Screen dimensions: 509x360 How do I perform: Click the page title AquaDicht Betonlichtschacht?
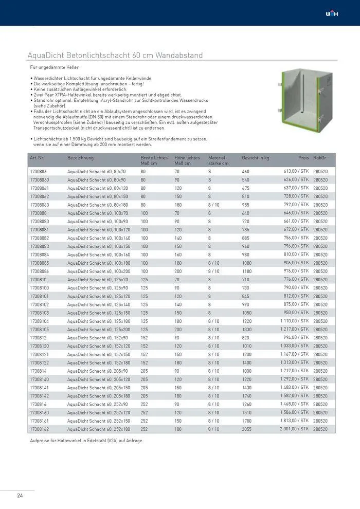click(x=115, y=55)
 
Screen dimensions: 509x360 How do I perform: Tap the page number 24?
click(x=20, y=496)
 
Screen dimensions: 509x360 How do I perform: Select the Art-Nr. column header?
click(x=38, y=158)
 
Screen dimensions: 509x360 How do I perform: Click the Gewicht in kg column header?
click(x=256, y=158)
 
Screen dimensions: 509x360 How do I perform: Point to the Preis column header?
click(x=303, y=158)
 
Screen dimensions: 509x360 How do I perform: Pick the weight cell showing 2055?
click(x=248, y=429)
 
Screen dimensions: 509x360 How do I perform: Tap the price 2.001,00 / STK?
click(x=294, y=429)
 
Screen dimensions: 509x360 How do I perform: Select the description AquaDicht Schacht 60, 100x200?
click(x=99, y=271)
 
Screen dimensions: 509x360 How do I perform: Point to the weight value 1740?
click(x=247, y=396)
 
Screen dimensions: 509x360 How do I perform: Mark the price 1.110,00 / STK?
click(x=294, y=321)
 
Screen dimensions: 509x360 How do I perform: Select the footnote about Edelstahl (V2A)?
click(x=86, y=441)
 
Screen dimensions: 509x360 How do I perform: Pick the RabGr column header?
click(x=319, y=158)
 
